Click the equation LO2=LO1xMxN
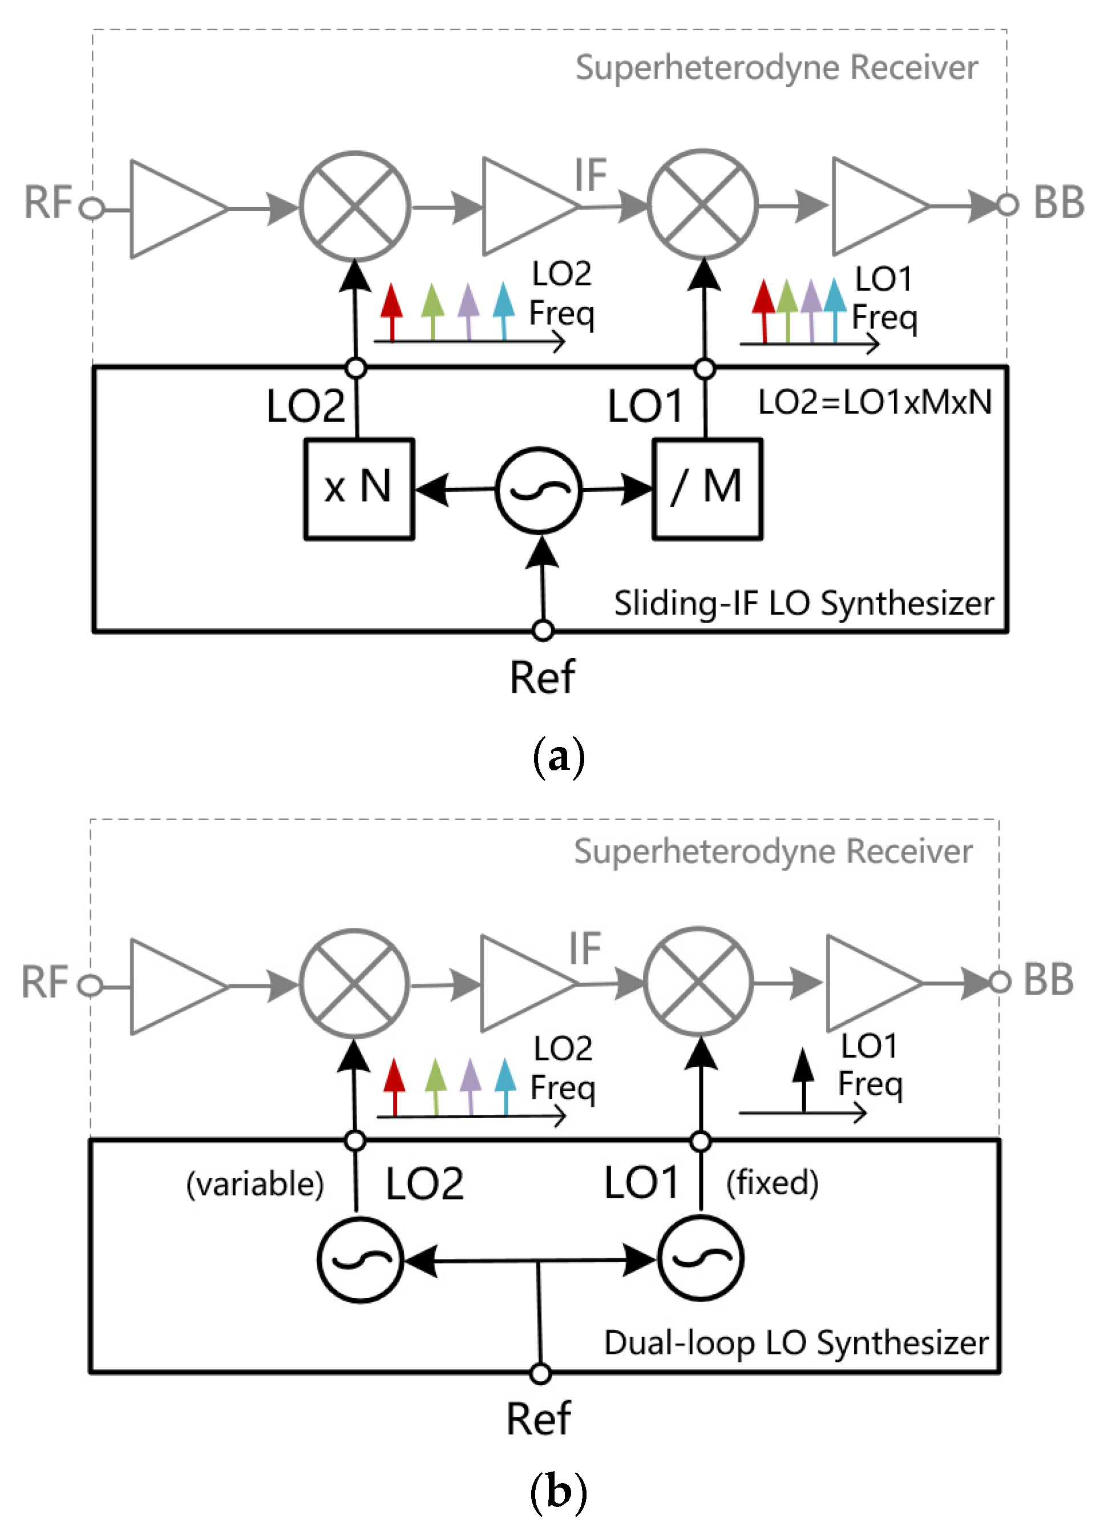[875, 402]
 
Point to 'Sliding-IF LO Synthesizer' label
[804, 603]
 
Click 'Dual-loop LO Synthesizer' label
[796, 1343]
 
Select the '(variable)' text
[255, 1183]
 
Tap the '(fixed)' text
[772, 1182]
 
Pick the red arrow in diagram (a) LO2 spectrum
[392, 312]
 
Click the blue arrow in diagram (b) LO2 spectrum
[505, 1086]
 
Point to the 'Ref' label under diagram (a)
[542, 677]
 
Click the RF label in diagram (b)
[45, 981]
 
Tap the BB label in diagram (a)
[1059, 202]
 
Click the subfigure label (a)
[558, 757]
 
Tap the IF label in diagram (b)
[585, 948]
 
